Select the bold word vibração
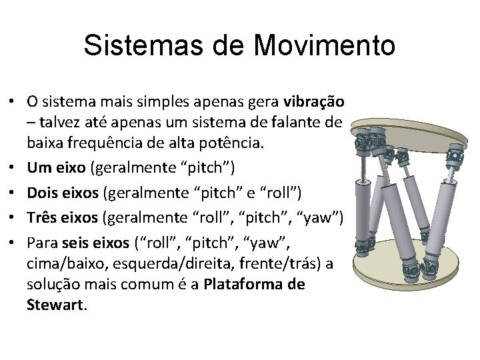coord(313,103)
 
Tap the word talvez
coord(59,123)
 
